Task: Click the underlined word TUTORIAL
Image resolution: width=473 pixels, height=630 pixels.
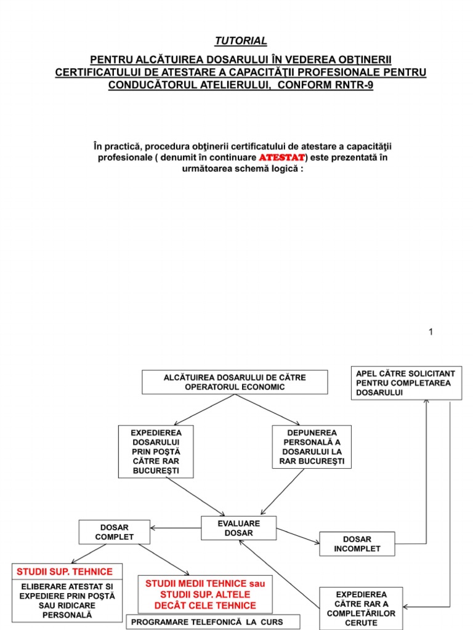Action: point(241,41)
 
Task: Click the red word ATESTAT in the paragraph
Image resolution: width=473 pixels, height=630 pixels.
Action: point(281,158)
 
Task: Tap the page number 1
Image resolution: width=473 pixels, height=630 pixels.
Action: point(431,332)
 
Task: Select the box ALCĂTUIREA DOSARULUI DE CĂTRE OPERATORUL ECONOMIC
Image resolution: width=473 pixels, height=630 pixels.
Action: point(235,381)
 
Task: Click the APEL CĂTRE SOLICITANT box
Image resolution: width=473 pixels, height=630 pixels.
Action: point(406,383)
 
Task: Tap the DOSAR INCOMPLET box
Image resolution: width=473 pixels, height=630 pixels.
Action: point(357,543)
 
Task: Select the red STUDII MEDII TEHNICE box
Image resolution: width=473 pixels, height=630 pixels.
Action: point(205,594)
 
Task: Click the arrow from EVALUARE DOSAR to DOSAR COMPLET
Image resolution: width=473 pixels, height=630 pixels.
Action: point(176,528)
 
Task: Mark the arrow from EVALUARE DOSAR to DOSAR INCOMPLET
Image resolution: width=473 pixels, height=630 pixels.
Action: point(298,536)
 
